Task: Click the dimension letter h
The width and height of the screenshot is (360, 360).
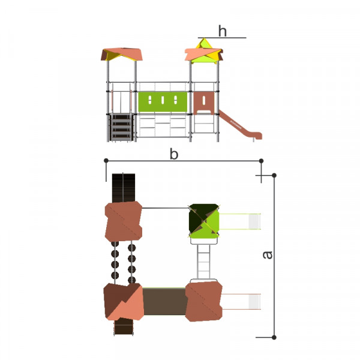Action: coord(223,31)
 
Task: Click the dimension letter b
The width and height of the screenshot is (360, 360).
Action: coord(174,154)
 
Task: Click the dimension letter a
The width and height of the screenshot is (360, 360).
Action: coord(267,255)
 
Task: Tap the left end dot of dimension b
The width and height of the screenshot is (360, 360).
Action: coord(106,160)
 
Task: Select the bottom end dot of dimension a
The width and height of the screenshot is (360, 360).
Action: coord(274,337)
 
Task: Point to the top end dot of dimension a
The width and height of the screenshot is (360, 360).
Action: coord(274,175)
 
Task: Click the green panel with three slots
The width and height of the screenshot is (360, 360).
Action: coord(163,101)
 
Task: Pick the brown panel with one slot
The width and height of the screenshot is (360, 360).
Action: coord(204,103)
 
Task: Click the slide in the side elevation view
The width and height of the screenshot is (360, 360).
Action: coord(240,125)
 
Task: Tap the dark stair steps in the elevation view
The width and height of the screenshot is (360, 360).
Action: coord(121,127)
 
